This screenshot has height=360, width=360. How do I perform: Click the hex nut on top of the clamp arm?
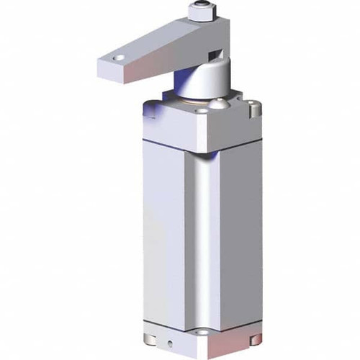click(200, 13)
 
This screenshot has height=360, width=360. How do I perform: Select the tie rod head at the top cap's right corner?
click(252, 109)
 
